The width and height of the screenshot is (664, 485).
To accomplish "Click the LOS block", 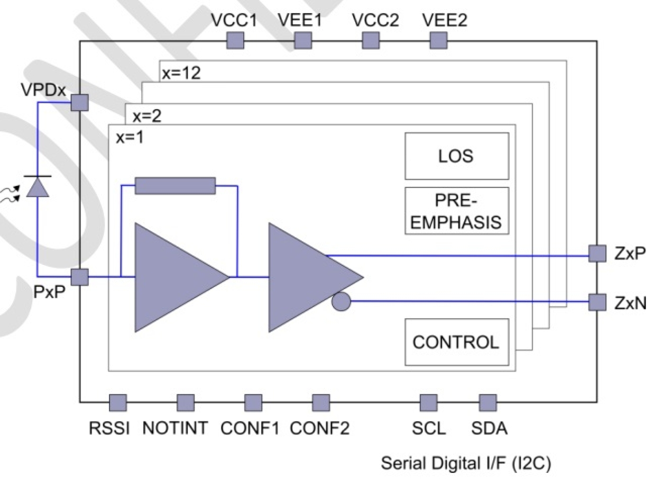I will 457,156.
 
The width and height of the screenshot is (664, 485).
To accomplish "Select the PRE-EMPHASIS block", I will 457,211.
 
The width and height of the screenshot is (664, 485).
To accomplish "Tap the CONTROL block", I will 457,342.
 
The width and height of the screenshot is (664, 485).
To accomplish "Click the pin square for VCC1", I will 235,40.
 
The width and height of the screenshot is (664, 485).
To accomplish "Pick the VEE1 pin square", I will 302,40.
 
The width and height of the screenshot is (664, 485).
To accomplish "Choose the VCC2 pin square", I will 370,40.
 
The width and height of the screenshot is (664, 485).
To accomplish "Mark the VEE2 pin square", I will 438,40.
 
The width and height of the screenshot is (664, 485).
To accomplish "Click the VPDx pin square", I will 80,102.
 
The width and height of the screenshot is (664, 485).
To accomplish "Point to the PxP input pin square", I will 80,276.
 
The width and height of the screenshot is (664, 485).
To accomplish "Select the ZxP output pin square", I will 597,253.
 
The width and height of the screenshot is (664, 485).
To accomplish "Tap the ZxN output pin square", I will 597,302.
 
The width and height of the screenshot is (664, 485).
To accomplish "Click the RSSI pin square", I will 117,402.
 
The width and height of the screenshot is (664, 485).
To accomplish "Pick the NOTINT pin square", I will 185,402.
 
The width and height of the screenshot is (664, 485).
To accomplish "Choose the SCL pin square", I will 428,402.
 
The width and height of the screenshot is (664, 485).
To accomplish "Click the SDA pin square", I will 487,402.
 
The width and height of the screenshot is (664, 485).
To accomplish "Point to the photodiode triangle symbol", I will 38,187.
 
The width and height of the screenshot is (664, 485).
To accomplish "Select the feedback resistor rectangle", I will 175,186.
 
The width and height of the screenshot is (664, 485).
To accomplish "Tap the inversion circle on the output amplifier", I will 342,302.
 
